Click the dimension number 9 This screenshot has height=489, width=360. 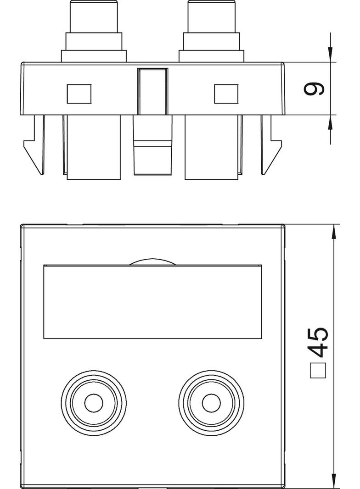pyautogui.click(x=314, y=89)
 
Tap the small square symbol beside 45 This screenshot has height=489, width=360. pyautogui.click(x=318, y=371)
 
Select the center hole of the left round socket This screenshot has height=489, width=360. pyautogui.click(x=94, y=403)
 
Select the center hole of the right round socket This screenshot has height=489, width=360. pyautogui.click(x=211, y=403)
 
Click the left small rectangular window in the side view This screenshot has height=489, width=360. pyautogui.click(x=79, y=94)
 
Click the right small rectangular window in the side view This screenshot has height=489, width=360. pyautogui.click(x=226, y=94)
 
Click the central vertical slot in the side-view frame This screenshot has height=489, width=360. pyautogui.click(x=153, y=91)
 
